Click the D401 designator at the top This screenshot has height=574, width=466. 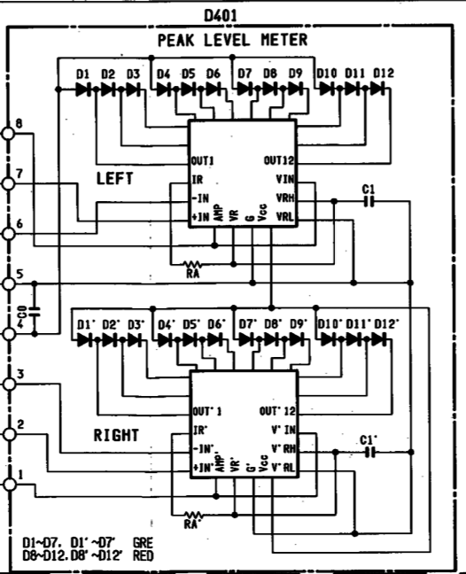tap(221, 16)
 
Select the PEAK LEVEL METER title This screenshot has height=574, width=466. tap(232, 40)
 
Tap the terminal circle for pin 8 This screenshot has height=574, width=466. tap(9, 133)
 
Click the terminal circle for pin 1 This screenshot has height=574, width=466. tap(10, 485)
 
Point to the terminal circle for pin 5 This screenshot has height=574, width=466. tap(9, 283)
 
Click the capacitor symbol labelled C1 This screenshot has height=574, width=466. tap(369, 201)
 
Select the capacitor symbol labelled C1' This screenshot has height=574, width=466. tap(370, 453)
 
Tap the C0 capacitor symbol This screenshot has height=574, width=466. tap(35, 312)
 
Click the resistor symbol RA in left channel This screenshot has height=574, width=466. tap(192, 264)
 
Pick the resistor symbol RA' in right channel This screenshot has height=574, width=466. tap(194, 515)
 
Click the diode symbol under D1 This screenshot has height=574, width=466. tap(83, 89)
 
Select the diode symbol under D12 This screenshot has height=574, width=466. tap(377, 89)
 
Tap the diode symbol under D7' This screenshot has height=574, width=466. tap(245, 340)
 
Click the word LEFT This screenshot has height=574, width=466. tap(114, 179)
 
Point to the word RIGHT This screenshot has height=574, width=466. tap(116, 435)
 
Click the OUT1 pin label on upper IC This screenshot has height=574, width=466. tap(202, 160)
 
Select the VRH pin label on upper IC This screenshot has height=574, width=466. tap(284, 198)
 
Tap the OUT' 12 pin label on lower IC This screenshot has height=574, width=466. tap(277, 411)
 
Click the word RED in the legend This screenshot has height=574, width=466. tap(144, 556)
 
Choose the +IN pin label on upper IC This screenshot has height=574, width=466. tap(200, 217)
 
